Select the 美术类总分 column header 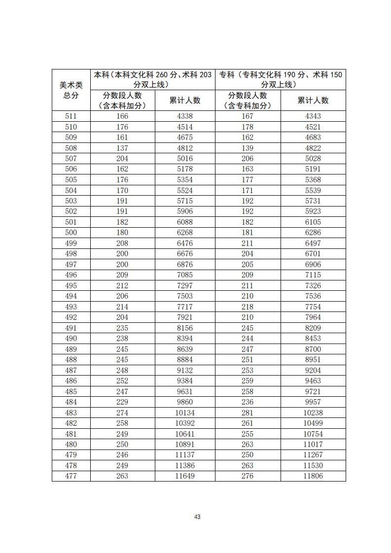71,90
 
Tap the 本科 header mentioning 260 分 152,79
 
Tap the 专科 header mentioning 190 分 280,79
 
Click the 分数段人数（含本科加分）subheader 122,101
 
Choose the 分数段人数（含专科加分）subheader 248,101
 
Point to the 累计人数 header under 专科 313,101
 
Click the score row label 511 71,116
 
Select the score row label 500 71,233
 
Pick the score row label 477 71,476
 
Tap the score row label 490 71,339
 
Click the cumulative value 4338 184,116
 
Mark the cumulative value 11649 184,476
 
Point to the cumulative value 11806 313,476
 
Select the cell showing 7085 184,275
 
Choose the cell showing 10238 313,413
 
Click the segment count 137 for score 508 122,148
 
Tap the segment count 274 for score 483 122,413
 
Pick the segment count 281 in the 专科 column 248,413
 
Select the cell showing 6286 313,233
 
